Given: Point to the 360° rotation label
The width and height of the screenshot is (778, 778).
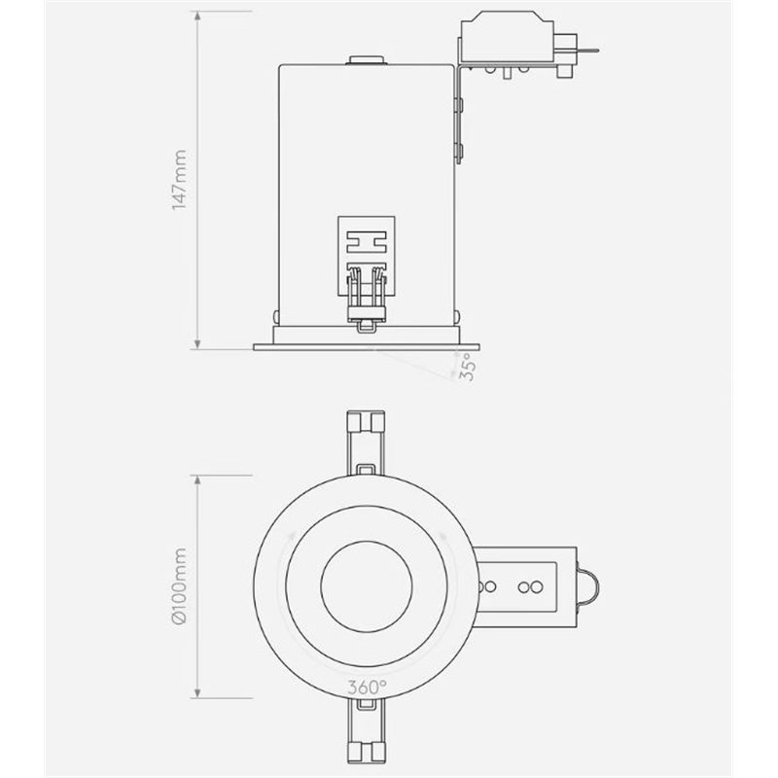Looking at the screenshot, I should point(367,687).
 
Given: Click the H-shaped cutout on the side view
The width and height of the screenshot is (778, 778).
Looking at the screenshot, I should point(367,239).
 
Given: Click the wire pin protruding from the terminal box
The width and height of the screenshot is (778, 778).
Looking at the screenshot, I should point(589,49).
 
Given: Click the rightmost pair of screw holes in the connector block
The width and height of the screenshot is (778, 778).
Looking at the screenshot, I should point(530,586).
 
